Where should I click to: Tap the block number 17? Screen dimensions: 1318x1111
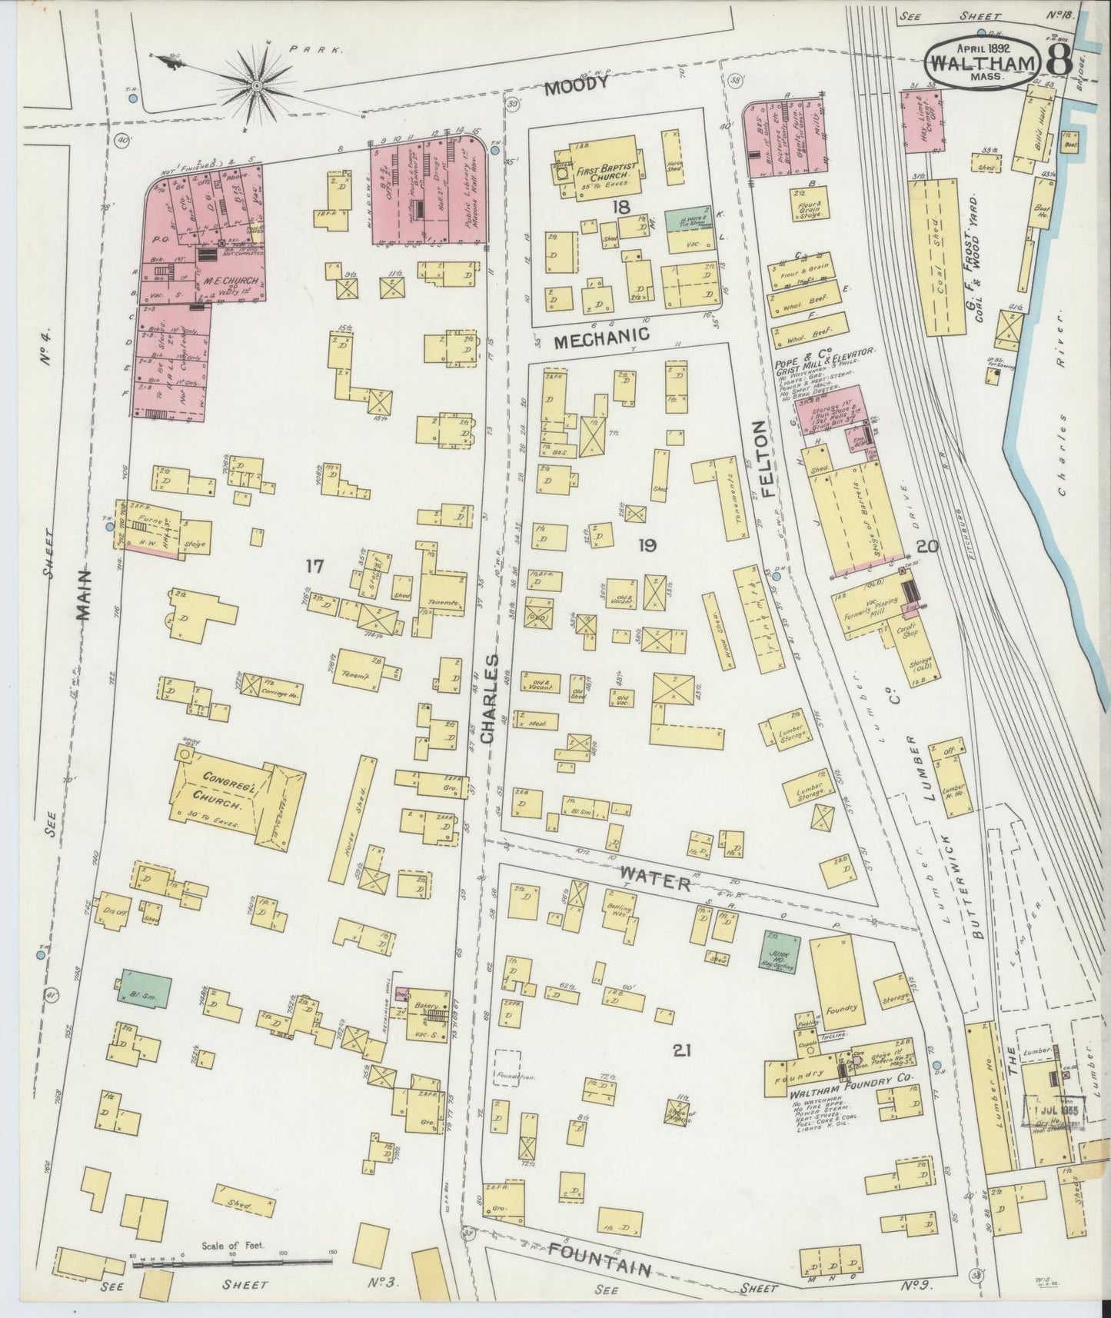314,567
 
